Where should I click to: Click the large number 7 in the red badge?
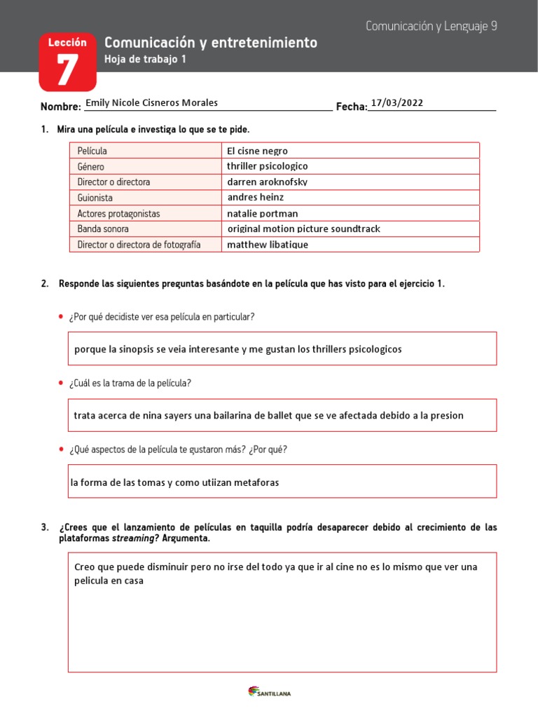pyautogui.click(x=67, y=72)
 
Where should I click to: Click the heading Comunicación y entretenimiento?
pyautogui.click(x=210, y=43)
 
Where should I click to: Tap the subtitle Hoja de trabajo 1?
pyautogui.click(x=145, y=60)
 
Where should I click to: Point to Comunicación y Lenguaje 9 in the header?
pyautogui.click(x=431, y=26)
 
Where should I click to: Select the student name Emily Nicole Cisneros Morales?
pyautogui.click(x=151, y=103)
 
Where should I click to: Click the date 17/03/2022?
pyautogui.click(x=397, y=103)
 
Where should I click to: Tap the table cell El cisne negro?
pyautogui.click(x=257, y=151)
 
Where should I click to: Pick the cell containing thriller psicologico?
pyautogui.click(x=267, y=166)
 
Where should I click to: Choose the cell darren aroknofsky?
pyautogui.click(x=267, y=182)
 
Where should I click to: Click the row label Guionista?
pyautogui.click(x=95, y=198)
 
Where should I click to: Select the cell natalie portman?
pyautogui.click(x=263, y=213)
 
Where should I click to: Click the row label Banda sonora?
pyautogui.click(x=103, y=229)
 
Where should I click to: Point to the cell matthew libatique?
pyautogui.click(x=267, y=245)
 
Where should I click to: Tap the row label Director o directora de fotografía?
pyautogui.click(x=139, y=245)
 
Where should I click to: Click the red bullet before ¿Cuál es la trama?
pyautogui.click(x=62, y=383)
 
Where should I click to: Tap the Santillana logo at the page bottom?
pyautogui.click(x=270, y=692)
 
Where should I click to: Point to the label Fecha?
pyautogui.click(x=352, y=107)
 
